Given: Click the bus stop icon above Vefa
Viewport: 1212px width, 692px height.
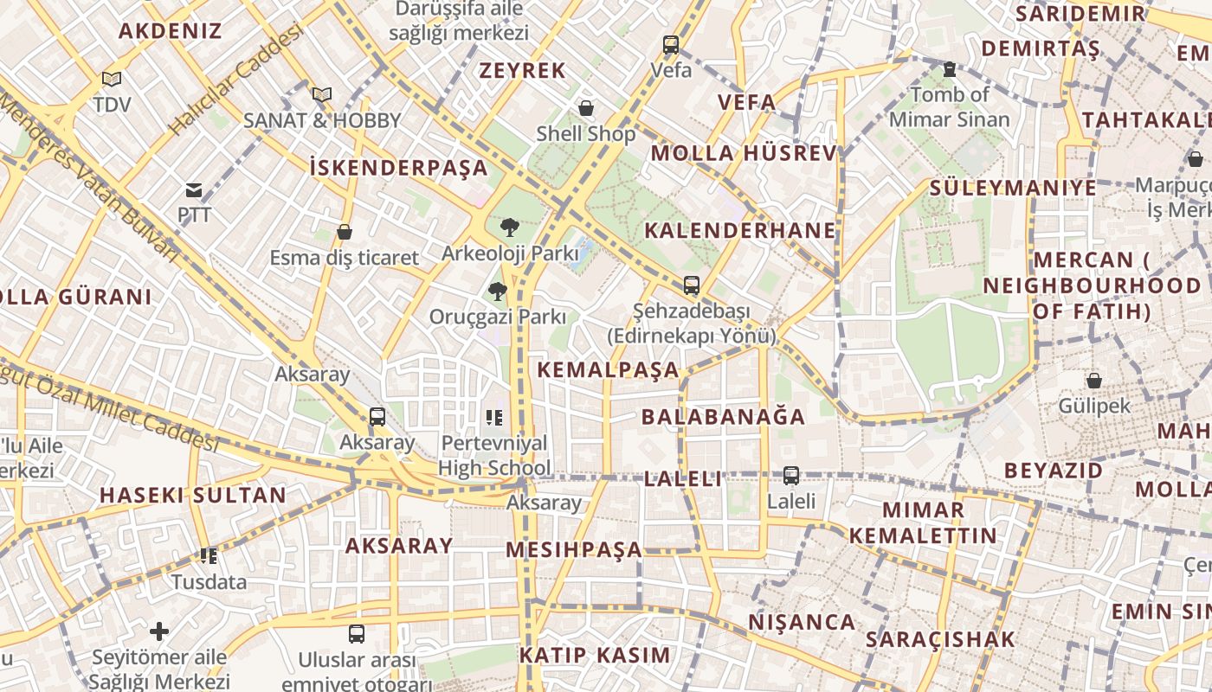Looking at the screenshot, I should [671, 45].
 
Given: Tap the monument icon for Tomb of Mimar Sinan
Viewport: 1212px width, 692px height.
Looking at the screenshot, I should [949, 68].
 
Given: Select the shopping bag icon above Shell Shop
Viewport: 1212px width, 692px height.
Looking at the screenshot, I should [586, 108].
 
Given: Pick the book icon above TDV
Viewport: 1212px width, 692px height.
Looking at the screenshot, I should [112, 79].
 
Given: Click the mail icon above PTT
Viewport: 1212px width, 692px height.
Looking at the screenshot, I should [194, 190].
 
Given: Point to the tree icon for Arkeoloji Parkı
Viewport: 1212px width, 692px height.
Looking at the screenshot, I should [510, 227].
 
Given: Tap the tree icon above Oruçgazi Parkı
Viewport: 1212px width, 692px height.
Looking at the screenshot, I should [497, 291].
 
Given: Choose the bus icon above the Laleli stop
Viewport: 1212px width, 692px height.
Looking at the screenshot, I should [791, 475].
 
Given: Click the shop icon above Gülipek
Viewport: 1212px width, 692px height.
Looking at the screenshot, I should [1094, 380].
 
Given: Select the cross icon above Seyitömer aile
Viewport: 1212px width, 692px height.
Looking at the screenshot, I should [159, 631].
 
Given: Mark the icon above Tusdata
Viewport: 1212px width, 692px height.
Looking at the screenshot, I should [209, 555].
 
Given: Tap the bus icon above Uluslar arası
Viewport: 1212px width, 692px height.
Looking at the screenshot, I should [357, 633].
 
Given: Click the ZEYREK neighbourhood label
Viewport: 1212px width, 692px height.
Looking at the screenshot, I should [522, 71].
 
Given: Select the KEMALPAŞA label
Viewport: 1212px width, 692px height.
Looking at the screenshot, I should [608, 370].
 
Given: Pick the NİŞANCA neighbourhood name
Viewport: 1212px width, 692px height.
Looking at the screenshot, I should [802, 622].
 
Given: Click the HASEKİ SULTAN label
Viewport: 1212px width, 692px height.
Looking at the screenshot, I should [192, 496].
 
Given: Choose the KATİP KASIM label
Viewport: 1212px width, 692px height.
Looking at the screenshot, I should [595, 655].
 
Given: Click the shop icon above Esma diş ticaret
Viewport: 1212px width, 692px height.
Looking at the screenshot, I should [345, 232].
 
